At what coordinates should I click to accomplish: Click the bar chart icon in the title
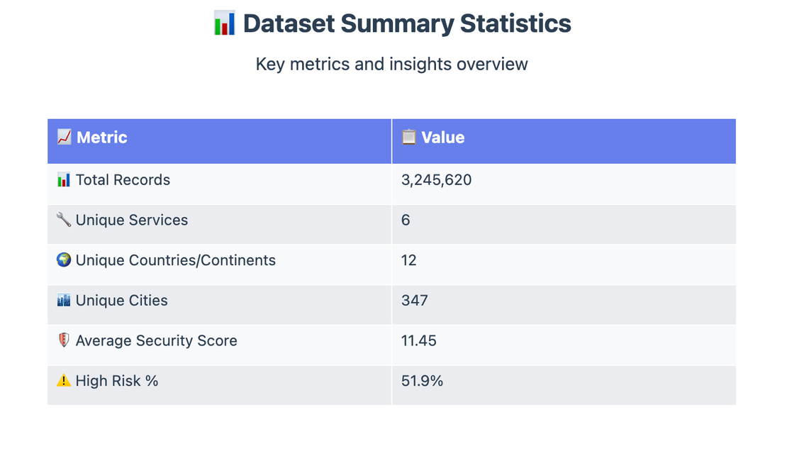pos(224,23)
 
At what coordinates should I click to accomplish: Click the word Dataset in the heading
pos(289,23)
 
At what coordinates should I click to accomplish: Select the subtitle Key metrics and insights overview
pos(391,64)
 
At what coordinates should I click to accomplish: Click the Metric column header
pos(101,138)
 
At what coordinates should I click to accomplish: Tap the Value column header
pos(442,138)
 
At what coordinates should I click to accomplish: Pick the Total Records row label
pos(123,180)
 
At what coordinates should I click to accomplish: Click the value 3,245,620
pos(436,180)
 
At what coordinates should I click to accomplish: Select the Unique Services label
pos(131,221)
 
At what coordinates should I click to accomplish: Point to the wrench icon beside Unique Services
pos(64,220)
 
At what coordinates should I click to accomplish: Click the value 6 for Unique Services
pos(406,221)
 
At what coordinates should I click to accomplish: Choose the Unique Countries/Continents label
pos(175,260)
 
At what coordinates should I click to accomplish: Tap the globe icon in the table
pos(64,260)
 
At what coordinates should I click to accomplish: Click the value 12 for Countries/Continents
pos(408,260)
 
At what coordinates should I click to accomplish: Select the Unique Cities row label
pos(121,301)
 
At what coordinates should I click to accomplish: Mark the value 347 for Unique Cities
pos(415,301)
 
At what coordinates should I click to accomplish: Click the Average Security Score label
pos(156,341)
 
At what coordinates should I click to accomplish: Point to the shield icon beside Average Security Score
pos(64,340)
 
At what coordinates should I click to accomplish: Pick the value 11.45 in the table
pos(419,341)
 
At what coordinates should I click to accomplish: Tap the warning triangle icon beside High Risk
pos(64,381)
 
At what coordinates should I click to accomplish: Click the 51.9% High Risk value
pos(422,381)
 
